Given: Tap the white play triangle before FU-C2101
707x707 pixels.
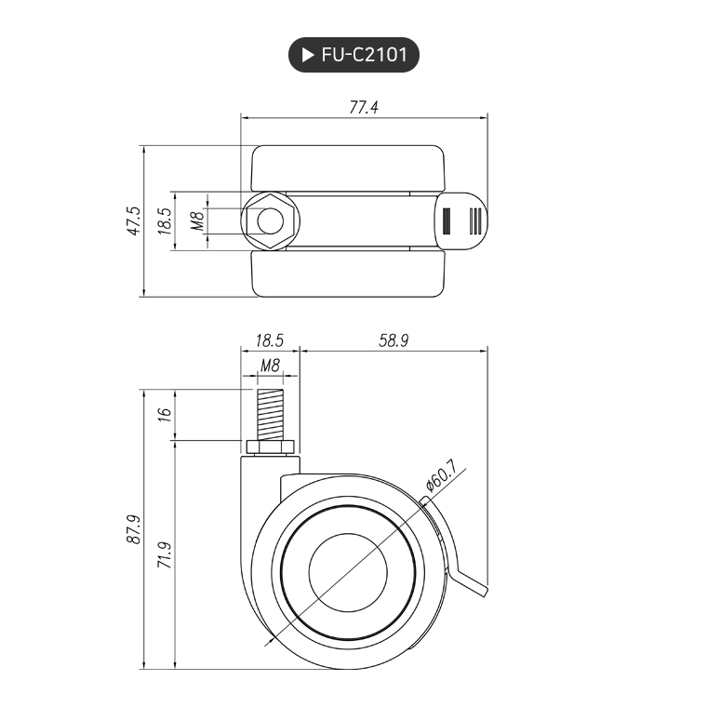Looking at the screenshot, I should pos(307,55).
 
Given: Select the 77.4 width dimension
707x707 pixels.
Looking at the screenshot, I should pos(364,107).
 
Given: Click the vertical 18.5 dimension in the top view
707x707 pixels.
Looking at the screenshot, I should pos(165,221).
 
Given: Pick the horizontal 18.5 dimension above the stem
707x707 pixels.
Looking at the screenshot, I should pos(269,340).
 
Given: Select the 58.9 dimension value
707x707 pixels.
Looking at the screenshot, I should pos(394,340).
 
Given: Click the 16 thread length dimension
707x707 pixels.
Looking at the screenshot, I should pos(165,415).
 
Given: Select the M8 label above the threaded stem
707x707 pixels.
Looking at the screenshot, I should pos(270,366).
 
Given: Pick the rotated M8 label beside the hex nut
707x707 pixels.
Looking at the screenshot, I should pos(196,221).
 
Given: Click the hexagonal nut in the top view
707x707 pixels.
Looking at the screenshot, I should pos(269,221).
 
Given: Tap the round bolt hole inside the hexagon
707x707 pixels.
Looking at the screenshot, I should pos(270,221).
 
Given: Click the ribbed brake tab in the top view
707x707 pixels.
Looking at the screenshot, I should pos(461,221).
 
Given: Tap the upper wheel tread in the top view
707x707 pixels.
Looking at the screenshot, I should pos(347,168).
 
